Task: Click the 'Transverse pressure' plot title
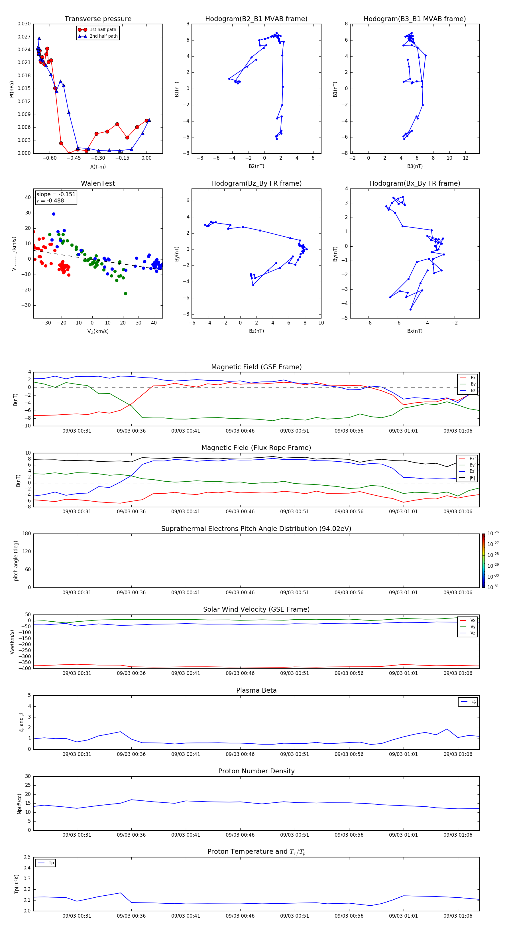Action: coord(98,19)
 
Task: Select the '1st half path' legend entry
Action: coord(103,30)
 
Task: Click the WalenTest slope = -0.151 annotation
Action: coord(56,194)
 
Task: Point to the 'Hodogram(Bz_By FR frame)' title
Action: coord(256,183)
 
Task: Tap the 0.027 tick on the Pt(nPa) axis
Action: coord(24,37)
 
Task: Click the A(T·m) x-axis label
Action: coord(98,167)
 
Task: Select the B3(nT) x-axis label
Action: coord(415,166)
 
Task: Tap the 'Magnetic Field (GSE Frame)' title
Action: coord(256,367)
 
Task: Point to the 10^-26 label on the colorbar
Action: coord(493,533)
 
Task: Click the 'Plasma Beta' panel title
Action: coord(256,690)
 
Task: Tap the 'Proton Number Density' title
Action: coord(256,771)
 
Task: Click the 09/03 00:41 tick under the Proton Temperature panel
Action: coord(186,916)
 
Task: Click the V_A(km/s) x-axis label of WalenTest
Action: coord(98,331)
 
